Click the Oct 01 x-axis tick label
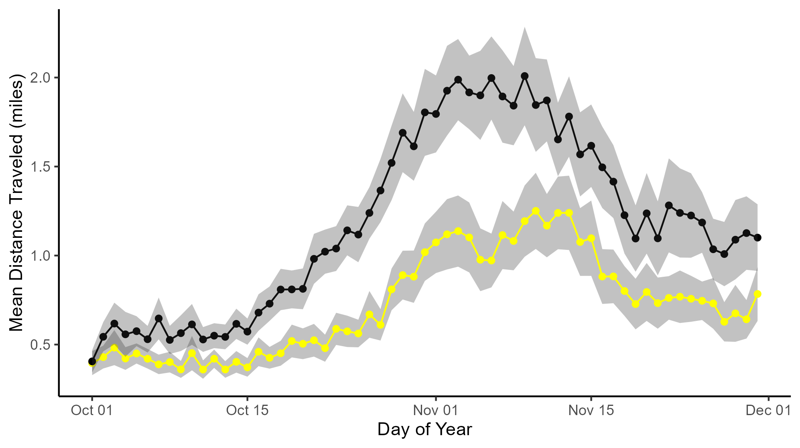tap(92, 411)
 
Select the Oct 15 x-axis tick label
tap(247, 411)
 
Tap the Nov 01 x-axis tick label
tap(436, 411)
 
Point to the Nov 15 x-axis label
tap(591, 411)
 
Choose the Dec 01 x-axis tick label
tap(768, 411)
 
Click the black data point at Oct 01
tap(92, 361)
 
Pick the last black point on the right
tap(757, 237)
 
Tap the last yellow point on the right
tap(757, 294)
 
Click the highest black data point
tap(524, 76)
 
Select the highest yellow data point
tap(536, 211)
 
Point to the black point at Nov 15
tap(591, 146)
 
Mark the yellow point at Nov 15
tap(591, 238)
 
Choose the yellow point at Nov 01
tap(436, 242)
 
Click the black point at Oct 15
tap(247, 332)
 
